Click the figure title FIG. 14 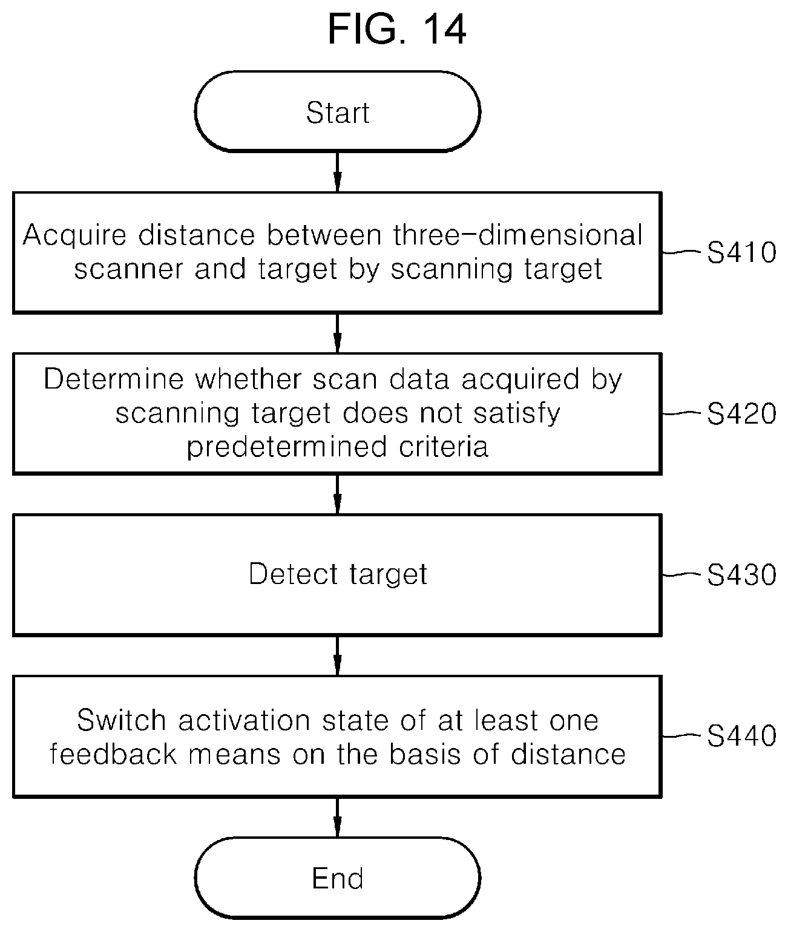pos(396,30)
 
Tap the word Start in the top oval pos(338,113)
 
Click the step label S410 pos(741,252)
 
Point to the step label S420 pos(741,413)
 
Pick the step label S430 pos(741,575)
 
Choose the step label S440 pos(741,736)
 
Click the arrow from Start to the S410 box pos(337,172)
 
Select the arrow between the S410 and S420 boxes pos(337,333)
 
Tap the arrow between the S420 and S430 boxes pos(337,494)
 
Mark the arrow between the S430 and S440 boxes pos(337,656)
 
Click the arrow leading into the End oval pos(337,818)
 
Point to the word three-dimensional pos(518,235)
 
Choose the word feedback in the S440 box pos(113,754)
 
